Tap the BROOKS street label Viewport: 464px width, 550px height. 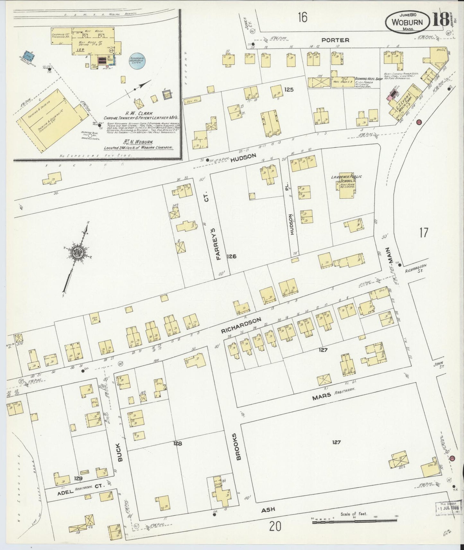(238, 447)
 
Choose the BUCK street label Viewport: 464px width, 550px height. (120, 452)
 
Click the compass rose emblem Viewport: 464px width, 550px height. (78, 253)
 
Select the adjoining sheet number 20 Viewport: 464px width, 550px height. (275, 527)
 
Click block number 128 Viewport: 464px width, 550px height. (178, 443)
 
